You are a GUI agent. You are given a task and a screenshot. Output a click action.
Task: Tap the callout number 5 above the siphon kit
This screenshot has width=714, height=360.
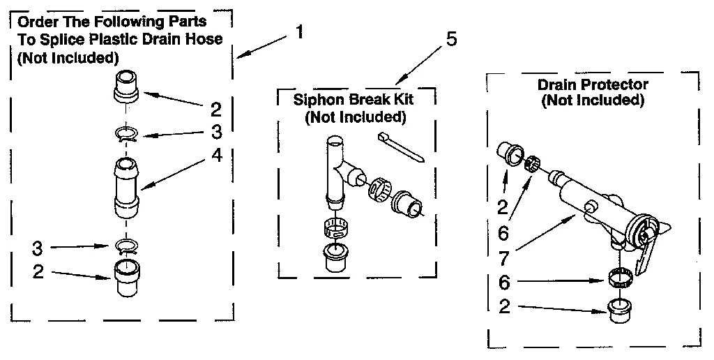coord(451,39)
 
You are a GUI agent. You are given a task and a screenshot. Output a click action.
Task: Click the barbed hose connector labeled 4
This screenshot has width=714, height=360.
coord(126,185)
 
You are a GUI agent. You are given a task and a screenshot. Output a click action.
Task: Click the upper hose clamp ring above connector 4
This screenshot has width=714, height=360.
coord(126,133)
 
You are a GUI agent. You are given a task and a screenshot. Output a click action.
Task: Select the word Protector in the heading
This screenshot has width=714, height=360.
coord(615,85)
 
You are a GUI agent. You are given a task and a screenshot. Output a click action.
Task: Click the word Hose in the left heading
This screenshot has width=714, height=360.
coord(206,39)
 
